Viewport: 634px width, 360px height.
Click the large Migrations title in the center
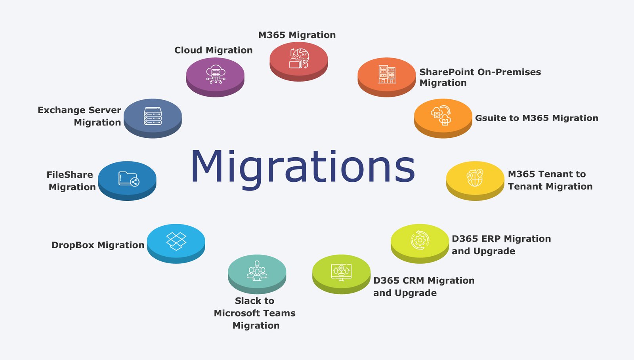click(303, 167)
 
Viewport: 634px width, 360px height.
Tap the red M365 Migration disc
click(299, 59)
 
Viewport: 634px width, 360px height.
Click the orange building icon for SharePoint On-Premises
click(387, 74)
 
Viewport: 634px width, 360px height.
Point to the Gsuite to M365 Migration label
click(537, 118)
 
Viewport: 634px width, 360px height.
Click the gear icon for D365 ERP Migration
click(420, 240)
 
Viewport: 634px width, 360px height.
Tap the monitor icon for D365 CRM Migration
click(341, 272)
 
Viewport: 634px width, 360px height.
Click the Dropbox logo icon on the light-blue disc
click(176, 240)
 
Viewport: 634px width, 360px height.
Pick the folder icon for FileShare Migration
click(128, 179)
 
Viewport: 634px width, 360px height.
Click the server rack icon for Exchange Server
click(153, 116)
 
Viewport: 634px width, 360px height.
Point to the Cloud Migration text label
click(213, 50)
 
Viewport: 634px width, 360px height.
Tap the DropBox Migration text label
click(98, 245)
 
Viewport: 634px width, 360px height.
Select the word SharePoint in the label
click(447, 72)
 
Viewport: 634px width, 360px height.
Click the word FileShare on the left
click(70, 175)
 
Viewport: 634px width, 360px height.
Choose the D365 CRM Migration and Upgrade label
click(424, 286)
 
